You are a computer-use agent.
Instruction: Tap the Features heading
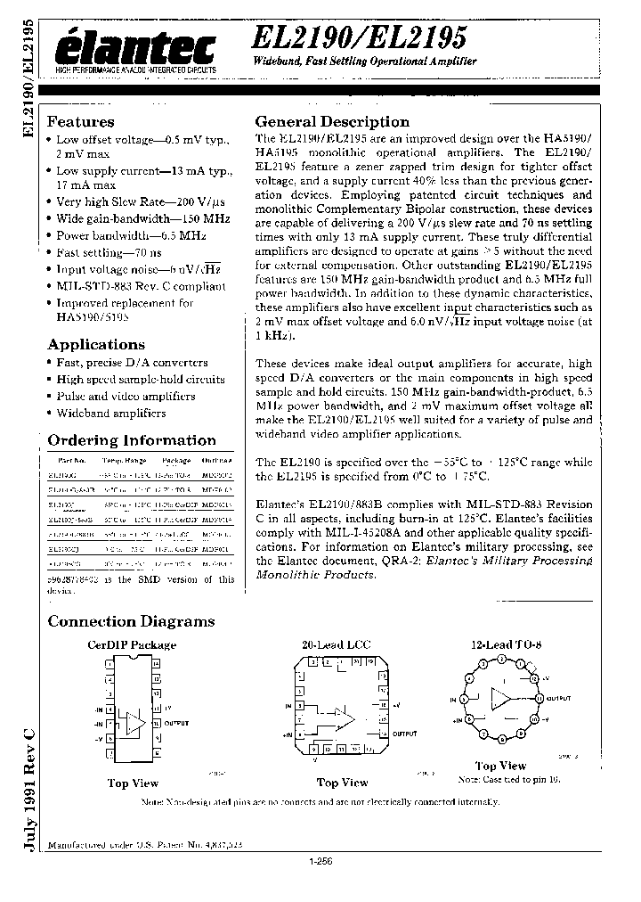pos(80,122)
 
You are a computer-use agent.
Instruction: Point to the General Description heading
pos(332,122)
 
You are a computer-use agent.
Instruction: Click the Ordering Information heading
pos(131,440)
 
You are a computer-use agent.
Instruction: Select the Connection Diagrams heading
pos(131,621)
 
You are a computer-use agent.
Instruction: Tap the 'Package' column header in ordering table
pos(176,461)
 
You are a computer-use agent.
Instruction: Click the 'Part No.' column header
pos(71,461)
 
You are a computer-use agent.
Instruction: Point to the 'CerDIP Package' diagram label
pos(131,644)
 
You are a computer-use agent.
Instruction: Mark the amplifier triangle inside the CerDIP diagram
pos(134,723)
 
